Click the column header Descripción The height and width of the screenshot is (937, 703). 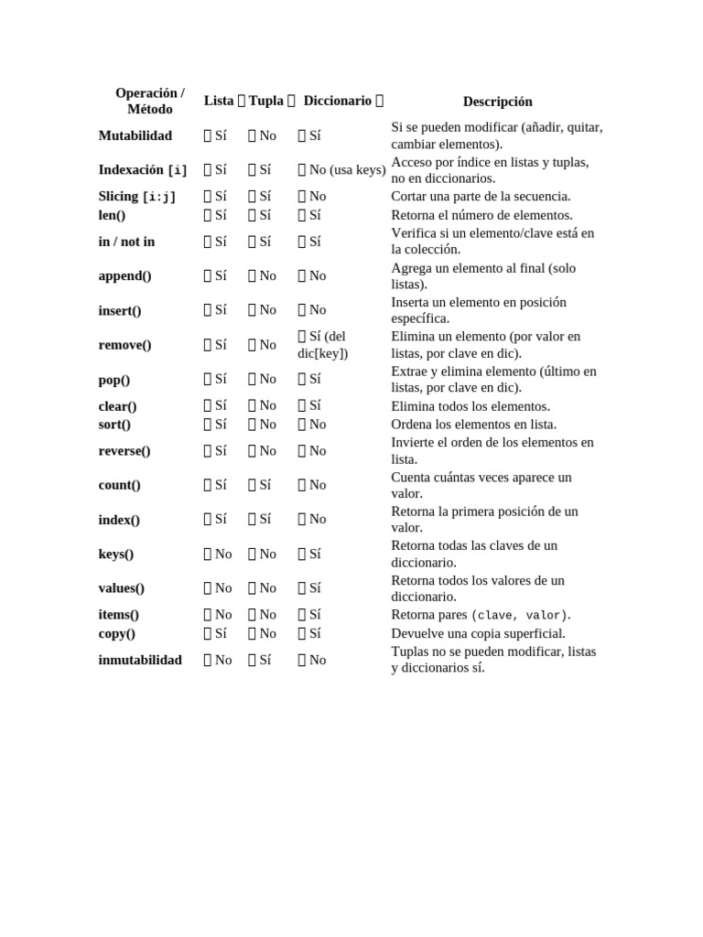[497, 102]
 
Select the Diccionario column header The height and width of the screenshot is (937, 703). [338, 101]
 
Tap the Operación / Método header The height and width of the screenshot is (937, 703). [150, 101]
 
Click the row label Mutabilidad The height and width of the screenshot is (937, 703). [135, 135]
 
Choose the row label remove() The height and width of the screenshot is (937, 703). [125, 345]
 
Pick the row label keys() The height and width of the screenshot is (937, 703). [116, 554]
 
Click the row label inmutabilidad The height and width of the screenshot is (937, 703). [140, 660]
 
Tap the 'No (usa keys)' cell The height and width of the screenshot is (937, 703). [341, 169]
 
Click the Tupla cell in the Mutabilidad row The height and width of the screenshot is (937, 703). [262, 135]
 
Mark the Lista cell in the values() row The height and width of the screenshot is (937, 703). [218, 588]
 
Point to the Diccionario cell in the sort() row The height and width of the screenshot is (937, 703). [312, 425]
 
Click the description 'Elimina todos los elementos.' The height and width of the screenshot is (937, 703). [470, 406]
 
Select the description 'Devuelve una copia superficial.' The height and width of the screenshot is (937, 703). [478, 633]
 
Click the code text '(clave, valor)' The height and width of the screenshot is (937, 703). [519, 616]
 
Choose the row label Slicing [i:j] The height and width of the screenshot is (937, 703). [137, 197]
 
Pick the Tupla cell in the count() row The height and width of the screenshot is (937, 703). [260, 485]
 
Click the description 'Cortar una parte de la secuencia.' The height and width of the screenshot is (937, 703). [481, 197]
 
